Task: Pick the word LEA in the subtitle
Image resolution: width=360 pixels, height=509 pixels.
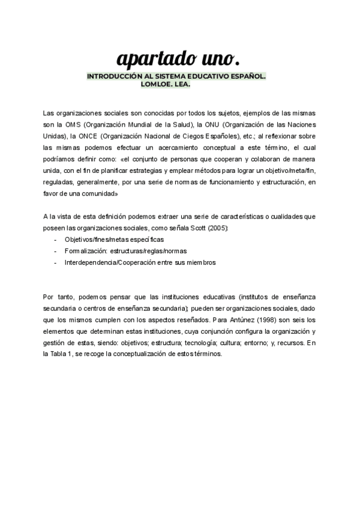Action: (x=182, y=85)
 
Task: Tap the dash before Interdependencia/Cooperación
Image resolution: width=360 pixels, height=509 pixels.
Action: (x=55, y=262)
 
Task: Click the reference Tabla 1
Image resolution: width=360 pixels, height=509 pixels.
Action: (x=61, y=354)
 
